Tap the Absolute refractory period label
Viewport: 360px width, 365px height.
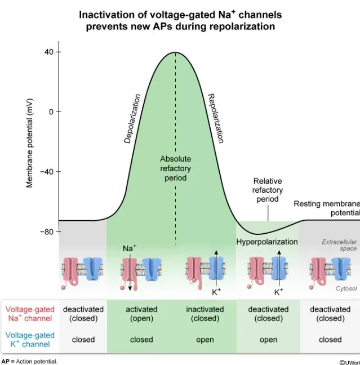tap(175, 168)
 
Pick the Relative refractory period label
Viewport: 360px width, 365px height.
tap(268, 190)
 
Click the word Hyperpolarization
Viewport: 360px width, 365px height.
tap(267, 242)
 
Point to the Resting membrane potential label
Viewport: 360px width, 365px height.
tap(326, 208)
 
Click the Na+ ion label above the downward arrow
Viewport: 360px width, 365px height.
tap(130, 248)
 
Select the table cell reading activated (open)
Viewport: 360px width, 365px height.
tap(141, 314)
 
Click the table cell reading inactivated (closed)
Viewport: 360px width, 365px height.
tap(205, 314)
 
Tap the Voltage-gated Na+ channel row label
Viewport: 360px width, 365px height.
tap(30, 314)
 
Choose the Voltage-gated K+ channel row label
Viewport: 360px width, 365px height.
tap(30, 339)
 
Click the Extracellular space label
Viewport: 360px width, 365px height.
tap(339, 245)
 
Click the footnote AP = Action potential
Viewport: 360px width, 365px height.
tap(29, 361)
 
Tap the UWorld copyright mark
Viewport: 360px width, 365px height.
tap(349, 362)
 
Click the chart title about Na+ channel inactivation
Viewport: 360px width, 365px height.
tap(180, 20)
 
